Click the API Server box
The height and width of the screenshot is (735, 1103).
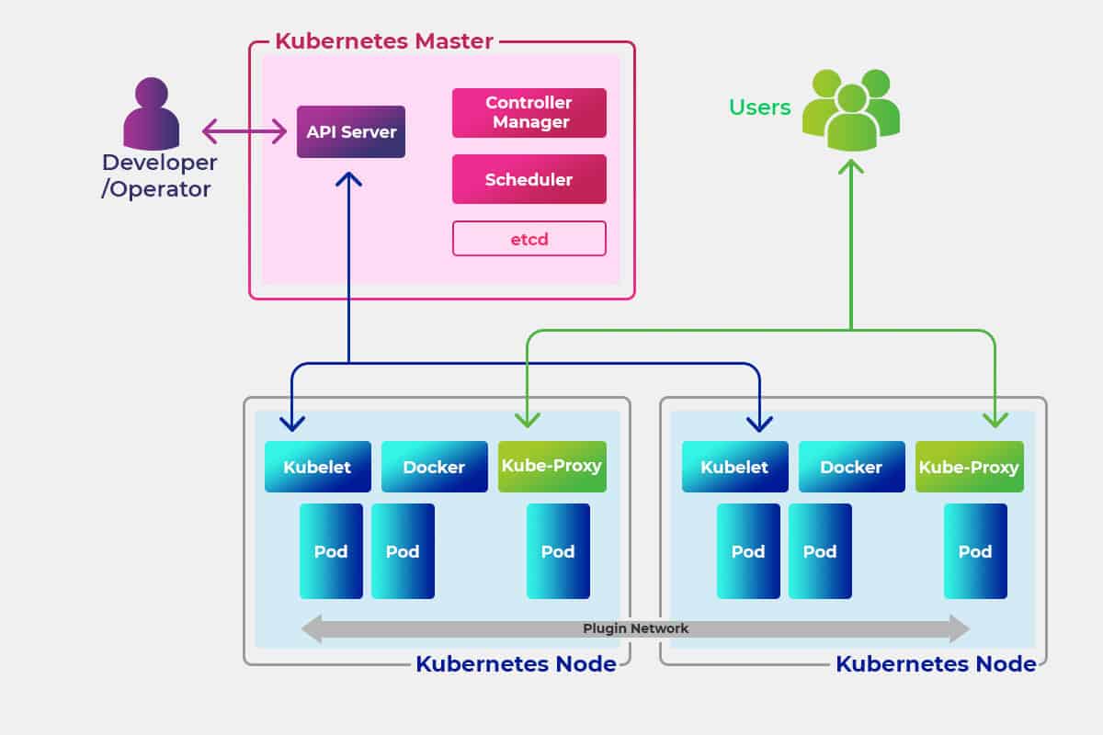(351, 131)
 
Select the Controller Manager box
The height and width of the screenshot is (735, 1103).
(529, 112)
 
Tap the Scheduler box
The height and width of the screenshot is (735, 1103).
(529, 179)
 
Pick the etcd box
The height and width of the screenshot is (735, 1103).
(529, 239)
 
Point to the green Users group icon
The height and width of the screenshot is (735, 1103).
(850, 109)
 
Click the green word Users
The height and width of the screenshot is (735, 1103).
(759, 107)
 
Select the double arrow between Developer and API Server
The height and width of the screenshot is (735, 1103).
(244, 131)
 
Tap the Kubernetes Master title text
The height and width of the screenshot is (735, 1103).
(384, 41)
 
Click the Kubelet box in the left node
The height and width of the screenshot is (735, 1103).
(317, 467)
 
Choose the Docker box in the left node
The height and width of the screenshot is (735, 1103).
(434, 467)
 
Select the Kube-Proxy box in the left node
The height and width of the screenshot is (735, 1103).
(551, 466)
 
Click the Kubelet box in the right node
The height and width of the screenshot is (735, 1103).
(734, 467)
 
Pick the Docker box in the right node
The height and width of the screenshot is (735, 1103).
(851, 467)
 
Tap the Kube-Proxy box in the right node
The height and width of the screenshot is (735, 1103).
(969, 467)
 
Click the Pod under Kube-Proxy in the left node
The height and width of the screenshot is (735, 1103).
(558, 551)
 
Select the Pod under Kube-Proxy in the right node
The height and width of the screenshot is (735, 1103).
(975, 551)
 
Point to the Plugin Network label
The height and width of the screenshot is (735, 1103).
(635, 628)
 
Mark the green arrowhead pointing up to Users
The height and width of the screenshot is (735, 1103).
(851, 167)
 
